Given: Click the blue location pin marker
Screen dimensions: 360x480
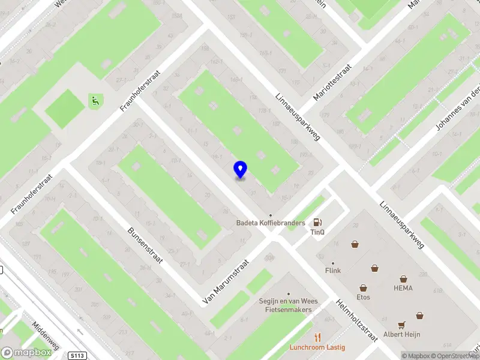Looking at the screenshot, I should (x=240, y=170).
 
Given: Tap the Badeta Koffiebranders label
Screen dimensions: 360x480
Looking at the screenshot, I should (x=271, y=223).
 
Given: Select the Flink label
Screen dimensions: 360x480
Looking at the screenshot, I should (x=333, y=271).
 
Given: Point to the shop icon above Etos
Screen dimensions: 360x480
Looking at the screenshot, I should (x=363, y=288).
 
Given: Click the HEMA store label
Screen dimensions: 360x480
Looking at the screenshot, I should (x=403, y=288).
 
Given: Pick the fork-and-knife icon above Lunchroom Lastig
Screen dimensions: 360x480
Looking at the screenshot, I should (x=318, y=337).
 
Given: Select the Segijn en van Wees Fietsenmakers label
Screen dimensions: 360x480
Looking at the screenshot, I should (x=288, y=305).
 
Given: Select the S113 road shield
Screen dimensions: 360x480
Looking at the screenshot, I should (x=77, y=356).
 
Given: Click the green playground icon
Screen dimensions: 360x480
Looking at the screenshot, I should (x=95, y=101).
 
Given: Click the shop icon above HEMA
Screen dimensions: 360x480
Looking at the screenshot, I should (x=403, y=278).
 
